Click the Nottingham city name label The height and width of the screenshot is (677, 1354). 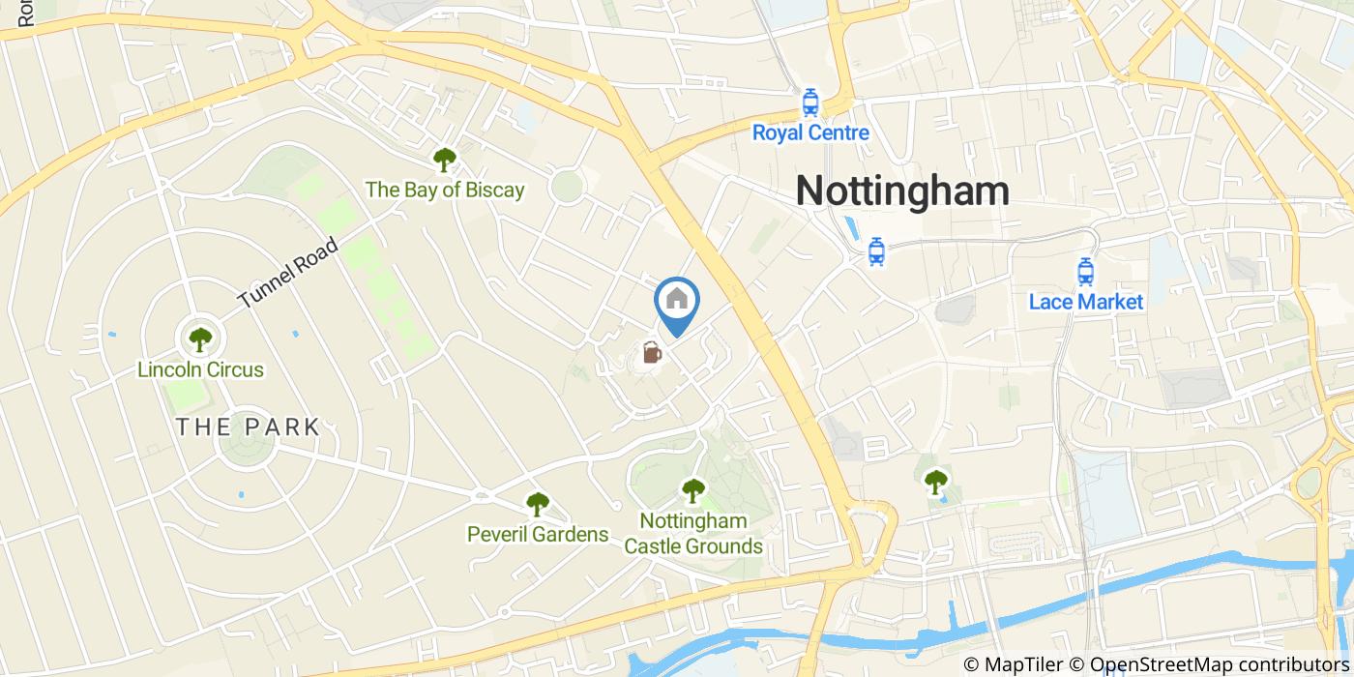coord(902,191)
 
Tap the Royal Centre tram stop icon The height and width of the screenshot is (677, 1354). coord(810,103)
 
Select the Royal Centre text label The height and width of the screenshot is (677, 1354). coord(810,132)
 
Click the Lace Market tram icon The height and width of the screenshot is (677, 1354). coord(1085,272)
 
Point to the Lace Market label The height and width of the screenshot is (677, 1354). coord(1085,302)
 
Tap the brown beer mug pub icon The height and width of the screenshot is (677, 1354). coord(652,353)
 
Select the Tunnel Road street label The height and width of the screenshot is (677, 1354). coord(288,273)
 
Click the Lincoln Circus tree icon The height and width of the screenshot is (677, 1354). coord(200,339)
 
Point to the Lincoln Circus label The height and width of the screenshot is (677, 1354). coord(200,369)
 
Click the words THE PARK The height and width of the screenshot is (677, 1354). coord(248,427)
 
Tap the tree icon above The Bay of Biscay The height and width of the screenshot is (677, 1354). coord(444,160)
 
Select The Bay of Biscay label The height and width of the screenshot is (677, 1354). coord(444,190)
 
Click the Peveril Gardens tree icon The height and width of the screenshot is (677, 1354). coord(537,504)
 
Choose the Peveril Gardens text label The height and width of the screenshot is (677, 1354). coord(537,534)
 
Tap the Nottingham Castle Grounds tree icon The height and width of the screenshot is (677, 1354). coord(692,491)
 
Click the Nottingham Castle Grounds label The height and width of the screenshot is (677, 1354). coord(692,534)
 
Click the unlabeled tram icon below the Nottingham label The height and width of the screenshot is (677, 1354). coord(876,251)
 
